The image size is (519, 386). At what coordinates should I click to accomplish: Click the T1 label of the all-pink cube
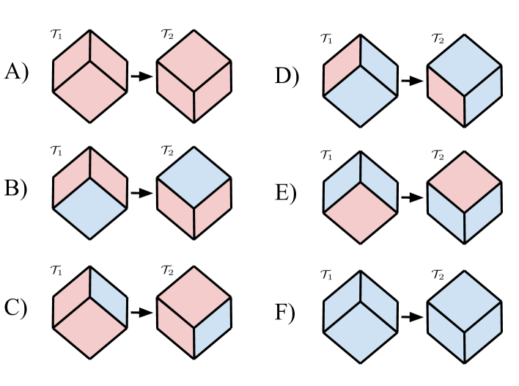pos(57,34)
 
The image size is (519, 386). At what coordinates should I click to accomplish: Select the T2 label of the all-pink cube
pos(167,34)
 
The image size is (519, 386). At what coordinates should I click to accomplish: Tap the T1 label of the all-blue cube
pos(328,275)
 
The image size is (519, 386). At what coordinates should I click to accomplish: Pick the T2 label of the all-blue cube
pos(438,274)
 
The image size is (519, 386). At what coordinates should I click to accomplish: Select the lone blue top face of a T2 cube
pos(194,177)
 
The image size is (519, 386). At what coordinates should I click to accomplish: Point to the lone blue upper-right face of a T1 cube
pos(108,297)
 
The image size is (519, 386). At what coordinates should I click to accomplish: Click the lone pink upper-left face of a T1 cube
pos(342,66)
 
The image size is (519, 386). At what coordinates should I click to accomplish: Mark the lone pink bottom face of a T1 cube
pos(361,213)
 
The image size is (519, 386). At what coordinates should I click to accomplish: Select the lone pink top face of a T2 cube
pos(464,182)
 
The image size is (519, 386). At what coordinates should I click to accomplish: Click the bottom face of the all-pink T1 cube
pos(90,91)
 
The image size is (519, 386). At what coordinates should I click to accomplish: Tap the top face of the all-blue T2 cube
pos(464,302)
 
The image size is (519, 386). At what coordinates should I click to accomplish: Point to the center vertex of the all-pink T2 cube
pos(194,92)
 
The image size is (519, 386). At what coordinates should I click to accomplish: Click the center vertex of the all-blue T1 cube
pos(361,302)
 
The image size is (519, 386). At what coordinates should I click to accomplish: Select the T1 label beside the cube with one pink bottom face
pos(328,156)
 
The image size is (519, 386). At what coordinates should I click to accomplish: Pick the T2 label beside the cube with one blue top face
pos(167,150)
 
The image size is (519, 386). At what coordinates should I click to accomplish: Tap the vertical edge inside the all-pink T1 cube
pos(90,46)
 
